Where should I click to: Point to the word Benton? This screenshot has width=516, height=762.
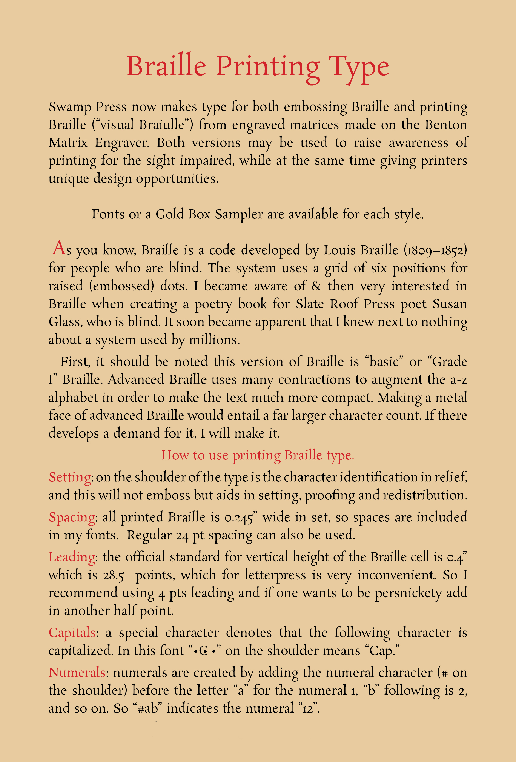coord(446,125)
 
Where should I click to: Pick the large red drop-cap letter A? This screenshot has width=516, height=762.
coord(59,248)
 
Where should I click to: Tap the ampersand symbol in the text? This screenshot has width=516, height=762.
coord(317,286)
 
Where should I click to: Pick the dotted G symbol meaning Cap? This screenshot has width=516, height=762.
coord(203,651)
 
